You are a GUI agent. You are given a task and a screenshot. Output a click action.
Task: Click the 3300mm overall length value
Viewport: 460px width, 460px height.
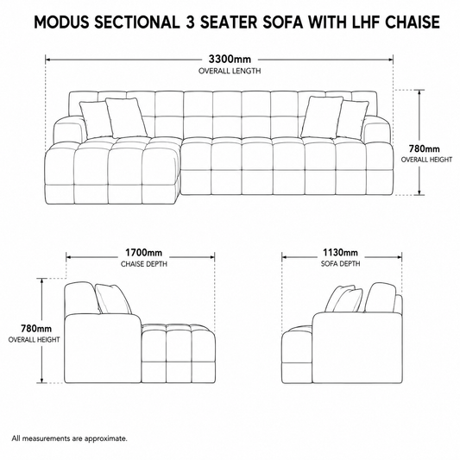(x=230, y=60)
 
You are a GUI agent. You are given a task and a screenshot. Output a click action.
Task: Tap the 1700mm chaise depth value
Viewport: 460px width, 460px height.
(x=144, y=253)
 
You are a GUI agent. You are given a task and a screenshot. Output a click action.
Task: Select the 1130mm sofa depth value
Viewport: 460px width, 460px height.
(x=340, y=252)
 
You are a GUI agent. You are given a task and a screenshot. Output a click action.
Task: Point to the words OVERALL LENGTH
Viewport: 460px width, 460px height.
(x=230, y=71)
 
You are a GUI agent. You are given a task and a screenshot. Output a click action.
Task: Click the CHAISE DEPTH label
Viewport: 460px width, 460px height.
(x=144, y=264)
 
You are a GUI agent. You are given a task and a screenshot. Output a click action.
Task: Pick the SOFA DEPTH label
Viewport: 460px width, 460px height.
(x=340, y=264)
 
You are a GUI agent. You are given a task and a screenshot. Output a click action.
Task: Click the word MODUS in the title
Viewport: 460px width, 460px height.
(x=61, y=22)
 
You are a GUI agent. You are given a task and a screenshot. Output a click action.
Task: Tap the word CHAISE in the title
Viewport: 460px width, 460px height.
(x=413, y=22)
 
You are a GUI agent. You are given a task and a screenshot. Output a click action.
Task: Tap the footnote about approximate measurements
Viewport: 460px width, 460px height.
(x=70, y=438)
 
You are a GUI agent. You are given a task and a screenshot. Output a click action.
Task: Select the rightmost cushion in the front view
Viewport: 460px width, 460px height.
(x=353, y=119)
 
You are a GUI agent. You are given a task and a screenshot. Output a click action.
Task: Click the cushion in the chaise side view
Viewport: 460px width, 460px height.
(x=113, y=299)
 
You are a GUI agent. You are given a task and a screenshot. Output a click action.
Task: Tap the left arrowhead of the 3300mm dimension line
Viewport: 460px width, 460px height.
(x=48, y=60)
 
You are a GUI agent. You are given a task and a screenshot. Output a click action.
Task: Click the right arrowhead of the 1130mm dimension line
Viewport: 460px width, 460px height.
(x=399, y=257)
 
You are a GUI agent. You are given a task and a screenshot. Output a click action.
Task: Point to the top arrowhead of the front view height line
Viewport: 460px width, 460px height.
(x=419, y=93)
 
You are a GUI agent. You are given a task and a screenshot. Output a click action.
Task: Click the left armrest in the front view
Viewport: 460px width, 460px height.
(x=67, y=129)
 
